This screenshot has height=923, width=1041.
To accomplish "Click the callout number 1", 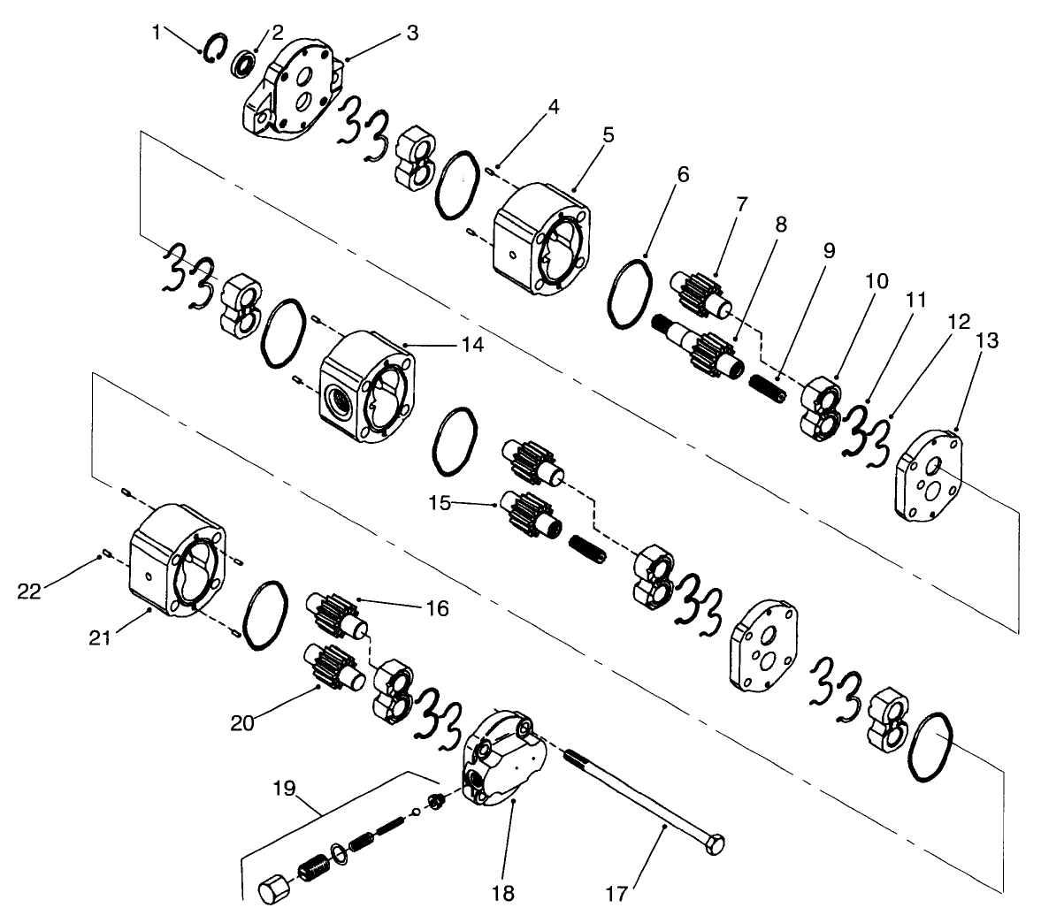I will pyautogui.click(x=157, y=33).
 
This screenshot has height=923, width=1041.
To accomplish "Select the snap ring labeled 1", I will pyautogui.click(x=215, y=49).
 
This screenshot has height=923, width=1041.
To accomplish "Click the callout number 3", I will pyautogui.click(x=413, y=33).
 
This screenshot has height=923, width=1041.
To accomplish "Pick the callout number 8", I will pyautogui.click(x=780, y=224).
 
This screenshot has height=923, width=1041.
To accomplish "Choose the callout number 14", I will pyautogui.click(x=472, y=345).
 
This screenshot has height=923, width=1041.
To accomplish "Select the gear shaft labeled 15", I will pyautogui.click(x=528, y=513).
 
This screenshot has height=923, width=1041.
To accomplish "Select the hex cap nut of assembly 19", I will pyautogui.click(x=269, y=888).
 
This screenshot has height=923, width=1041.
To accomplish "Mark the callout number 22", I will pyautogui.click(x=29, y=591).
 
